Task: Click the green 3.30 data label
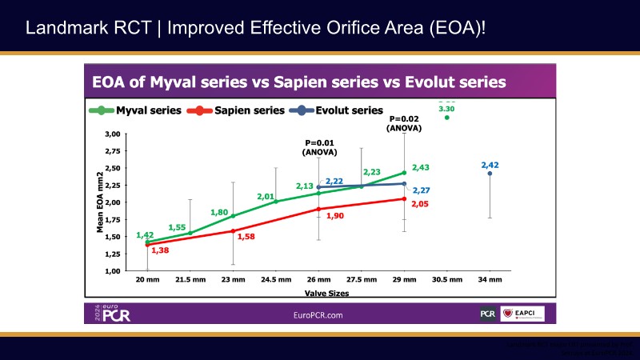(x=446, y=108)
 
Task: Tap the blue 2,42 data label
(x=490, y=165)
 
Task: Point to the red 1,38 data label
(x=160, y=251)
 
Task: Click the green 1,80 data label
(x=219, y=212)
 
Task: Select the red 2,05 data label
(x=421, y=205)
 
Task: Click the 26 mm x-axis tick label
(x=318, y=281)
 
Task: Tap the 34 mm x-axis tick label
(x=490, y=281)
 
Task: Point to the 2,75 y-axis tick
(x=112, y=150)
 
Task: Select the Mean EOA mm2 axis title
(x=102, y=203)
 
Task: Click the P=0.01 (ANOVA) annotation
(x=318, y=146)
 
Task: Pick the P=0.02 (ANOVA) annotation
(x=404, y=123)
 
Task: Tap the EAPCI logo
(x=522, y=315)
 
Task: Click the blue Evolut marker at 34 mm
(x=490, y=174)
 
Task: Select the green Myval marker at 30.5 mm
(x=447, y=118)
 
